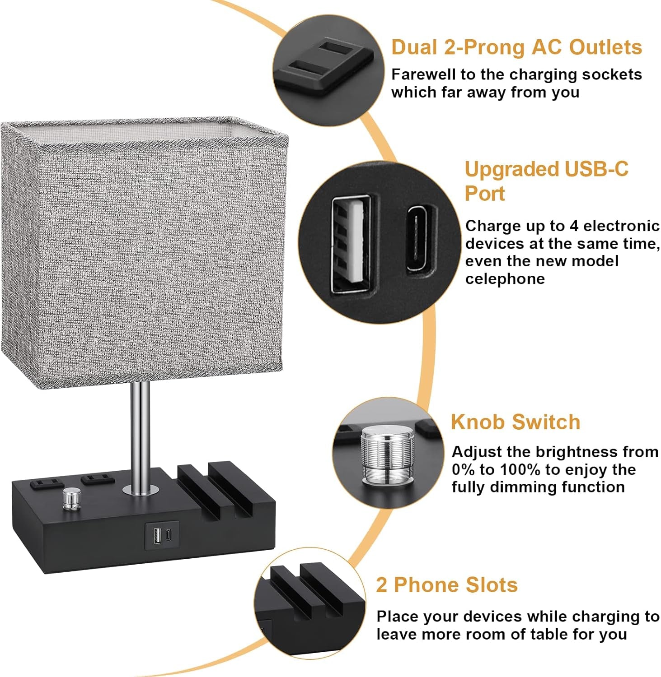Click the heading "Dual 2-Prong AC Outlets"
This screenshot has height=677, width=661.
click(516, 47)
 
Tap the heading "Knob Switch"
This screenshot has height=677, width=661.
click(515, 422)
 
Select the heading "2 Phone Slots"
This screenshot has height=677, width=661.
click(446, 585)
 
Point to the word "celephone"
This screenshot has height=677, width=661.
click(505, 279)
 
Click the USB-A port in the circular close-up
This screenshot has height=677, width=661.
click(350, 243)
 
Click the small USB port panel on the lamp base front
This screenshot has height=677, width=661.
click(161, 535)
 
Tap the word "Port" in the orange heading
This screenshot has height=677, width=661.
click(484, 194)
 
